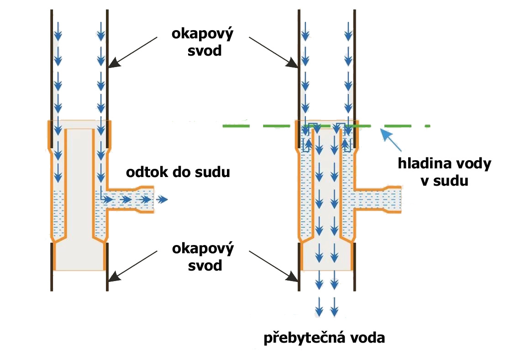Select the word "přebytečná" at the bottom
304,338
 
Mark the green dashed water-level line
256,125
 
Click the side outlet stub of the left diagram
132,200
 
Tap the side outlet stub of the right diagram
379,200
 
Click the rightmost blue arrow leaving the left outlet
163,200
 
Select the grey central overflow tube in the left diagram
80,192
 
